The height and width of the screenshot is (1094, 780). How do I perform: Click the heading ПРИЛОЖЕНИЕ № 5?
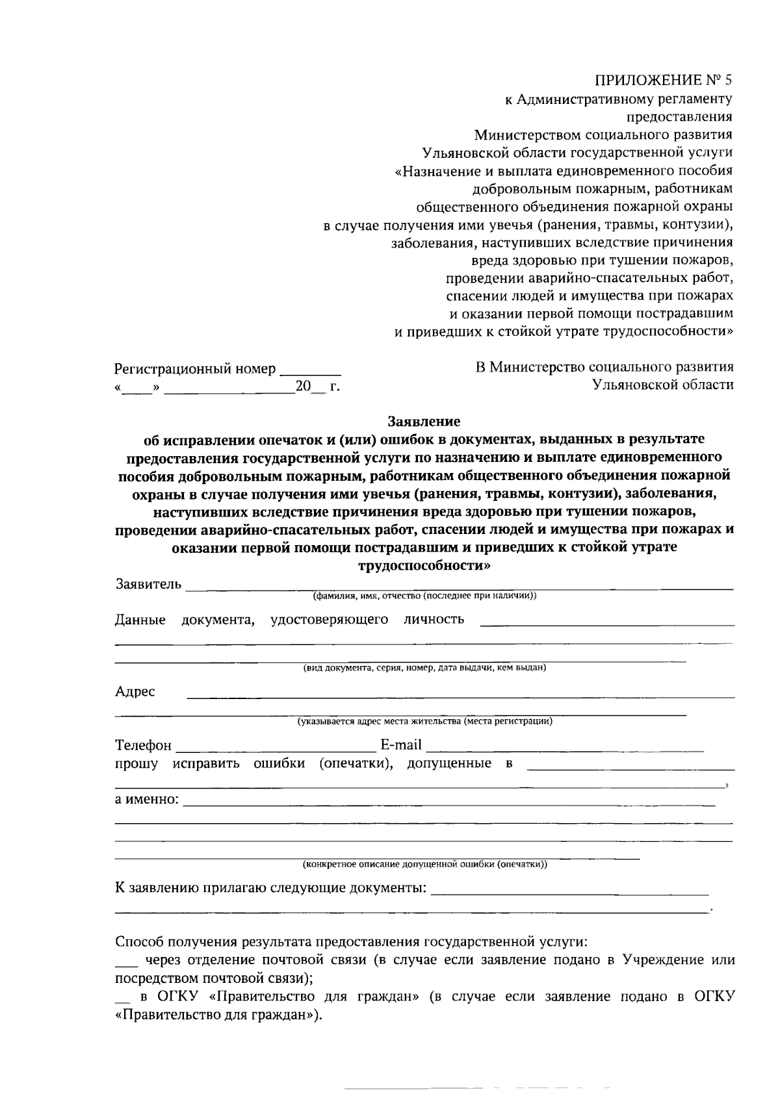pyautogui.click(x=664, y=81)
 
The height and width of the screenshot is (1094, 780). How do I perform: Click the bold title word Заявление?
pyautogui.click(x=424, y=422)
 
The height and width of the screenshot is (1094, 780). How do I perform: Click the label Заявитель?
pyautogui.click(x=148, y=583)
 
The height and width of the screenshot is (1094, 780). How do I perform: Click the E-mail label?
pyautogui.click(x=401, y=744)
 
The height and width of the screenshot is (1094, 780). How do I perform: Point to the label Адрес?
pyautogui.click(x=135, y=691)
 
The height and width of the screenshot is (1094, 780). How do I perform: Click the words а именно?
pyautogui.click(x=147, y=798)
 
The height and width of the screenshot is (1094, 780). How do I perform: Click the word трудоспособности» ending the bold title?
pyautogui.click(x=424, y=565)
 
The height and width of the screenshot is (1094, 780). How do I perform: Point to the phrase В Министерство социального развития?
pyautogui.click(x=604, y=367)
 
